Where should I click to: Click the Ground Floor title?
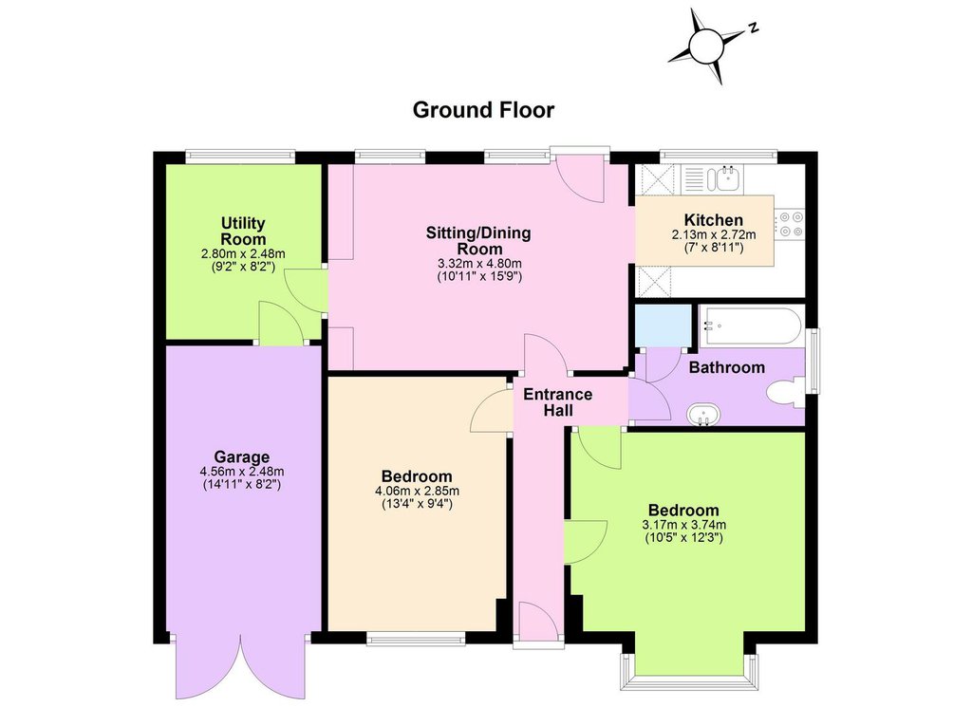(x=483, y=110)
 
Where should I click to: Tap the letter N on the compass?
(x=754, y=28)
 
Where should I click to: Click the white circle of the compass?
(x=706, y=47)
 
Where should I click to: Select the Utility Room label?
(x=243, y=231)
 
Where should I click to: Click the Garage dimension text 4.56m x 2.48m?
(x=242, y=472)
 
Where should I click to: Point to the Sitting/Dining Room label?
(x=478, y=241)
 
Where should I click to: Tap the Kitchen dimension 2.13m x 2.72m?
(x=714, y=234)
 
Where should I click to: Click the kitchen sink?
(x=724, y=177)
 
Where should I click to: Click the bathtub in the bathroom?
(x=752, y=326)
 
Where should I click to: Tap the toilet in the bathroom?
(x=784, y=394)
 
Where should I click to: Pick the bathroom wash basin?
(x=703, y=415)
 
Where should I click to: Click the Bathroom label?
(x=726, y=367)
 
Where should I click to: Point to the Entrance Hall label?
(x=558, y=402)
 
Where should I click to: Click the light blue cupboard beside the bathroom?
(x=664, y=326)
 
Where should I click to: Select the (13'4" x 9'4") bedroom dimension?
(x=417, y=504)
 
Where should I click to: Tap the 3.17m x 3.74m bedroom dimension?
(x=683, y=525)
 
